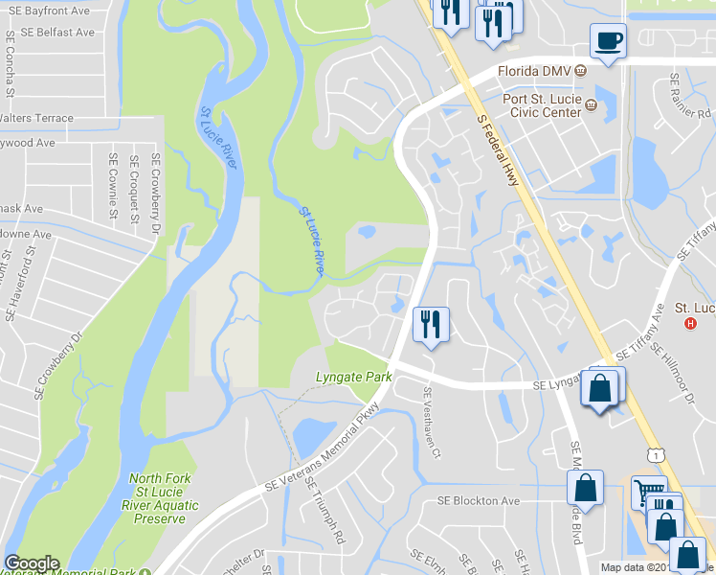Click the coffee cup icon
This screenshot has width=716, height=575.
click(x=608, y=41)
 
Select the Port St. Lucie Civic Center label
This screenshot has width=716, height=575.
click(x=542, y=104)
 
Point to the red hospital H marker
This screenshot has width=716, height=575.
click(x=691, y=322)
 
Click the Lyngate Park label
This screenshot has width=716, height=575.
click(x=354, y=378)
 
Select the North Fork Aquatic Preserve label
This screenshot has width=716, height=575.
click(x=161, y=498)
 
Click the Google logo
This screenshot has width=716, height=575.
click(x=32, y=563)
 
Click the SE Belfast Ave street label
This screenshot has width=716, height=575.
click(x=50, y=33)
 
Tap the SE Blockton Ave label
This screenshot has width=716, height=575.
click(x=479, y=501)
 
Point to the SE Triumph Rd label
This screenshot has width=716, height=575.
click(x=324, y=511)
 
